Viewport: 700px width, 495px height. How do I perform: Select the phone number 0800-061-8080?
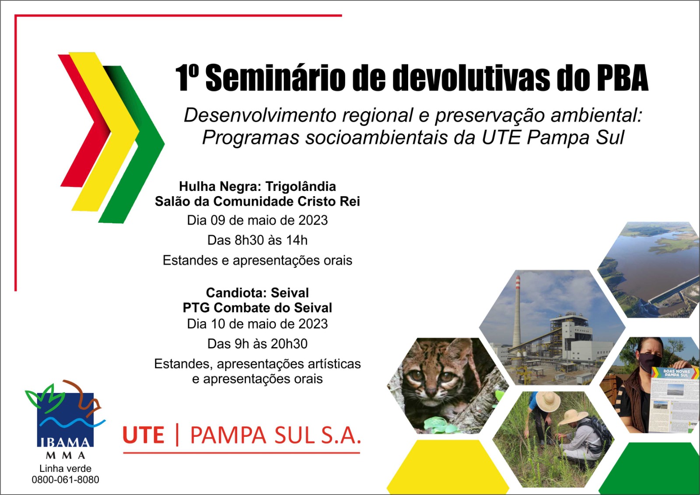point(65,480)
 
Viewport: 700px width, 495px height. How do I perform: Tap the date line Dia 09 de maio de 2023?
point(257,221)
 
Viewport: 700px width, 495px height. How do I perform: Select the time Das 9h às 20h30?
point(257,344)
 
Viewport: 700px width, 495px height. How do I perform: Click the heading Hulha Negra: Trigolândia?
point(257,186)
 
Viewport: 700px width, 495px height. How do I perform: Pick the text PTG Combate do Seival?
point(257,308)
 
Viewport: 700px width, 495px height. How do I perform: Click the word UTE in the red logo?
point(143,435)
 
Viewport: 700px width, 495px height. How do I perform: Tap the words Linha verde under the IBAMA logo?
point(65,468)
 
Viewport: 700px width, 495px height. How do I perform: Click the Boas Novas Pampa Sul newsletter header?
point(676,373)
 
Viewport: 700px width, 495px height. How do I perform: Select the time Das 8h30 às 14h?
point(257,240)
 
